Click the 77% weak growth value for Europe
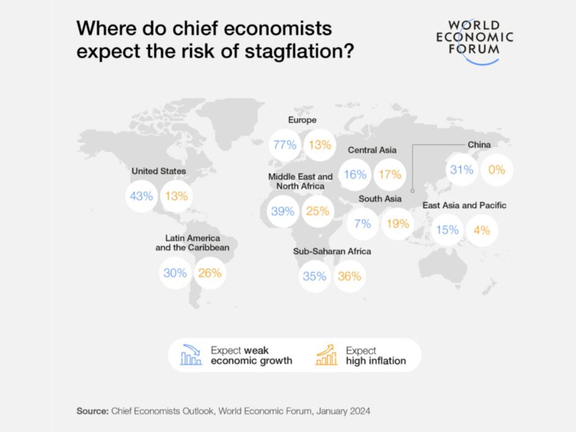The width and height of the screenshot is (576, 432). (285, 145)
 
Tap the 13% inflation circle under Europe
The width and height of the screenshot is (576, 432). (319, 145)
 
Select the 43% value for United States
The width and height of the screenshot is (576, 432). (141, 196)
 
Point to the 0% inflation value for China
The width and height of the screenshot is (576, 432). (497, 169)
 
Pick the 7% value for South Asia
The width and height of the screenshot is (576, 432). (363, 223)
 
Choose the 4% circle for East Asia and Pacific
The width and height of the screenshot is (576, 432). (482, 230)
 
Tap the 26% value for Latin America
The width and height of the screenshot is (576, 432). (210, 273)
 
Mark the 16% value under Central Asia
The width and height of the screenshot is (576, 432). (355, 174)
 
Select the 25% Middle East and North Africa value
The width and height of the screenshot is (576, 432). (318, 211)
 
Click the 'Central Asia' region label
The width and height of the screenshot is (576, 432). (372, 150)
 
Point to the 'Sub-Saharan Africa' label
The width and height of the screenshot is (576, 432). (332, 251)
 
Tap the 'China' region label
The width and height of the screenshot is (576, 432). (479, 145)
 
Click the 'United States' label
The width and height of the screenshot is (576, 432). (159, 171)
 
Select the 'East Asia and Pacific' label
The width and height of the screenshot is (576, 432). (464, 205)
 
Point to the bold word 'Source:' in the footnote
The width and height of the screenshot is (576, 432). (92, 411)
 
